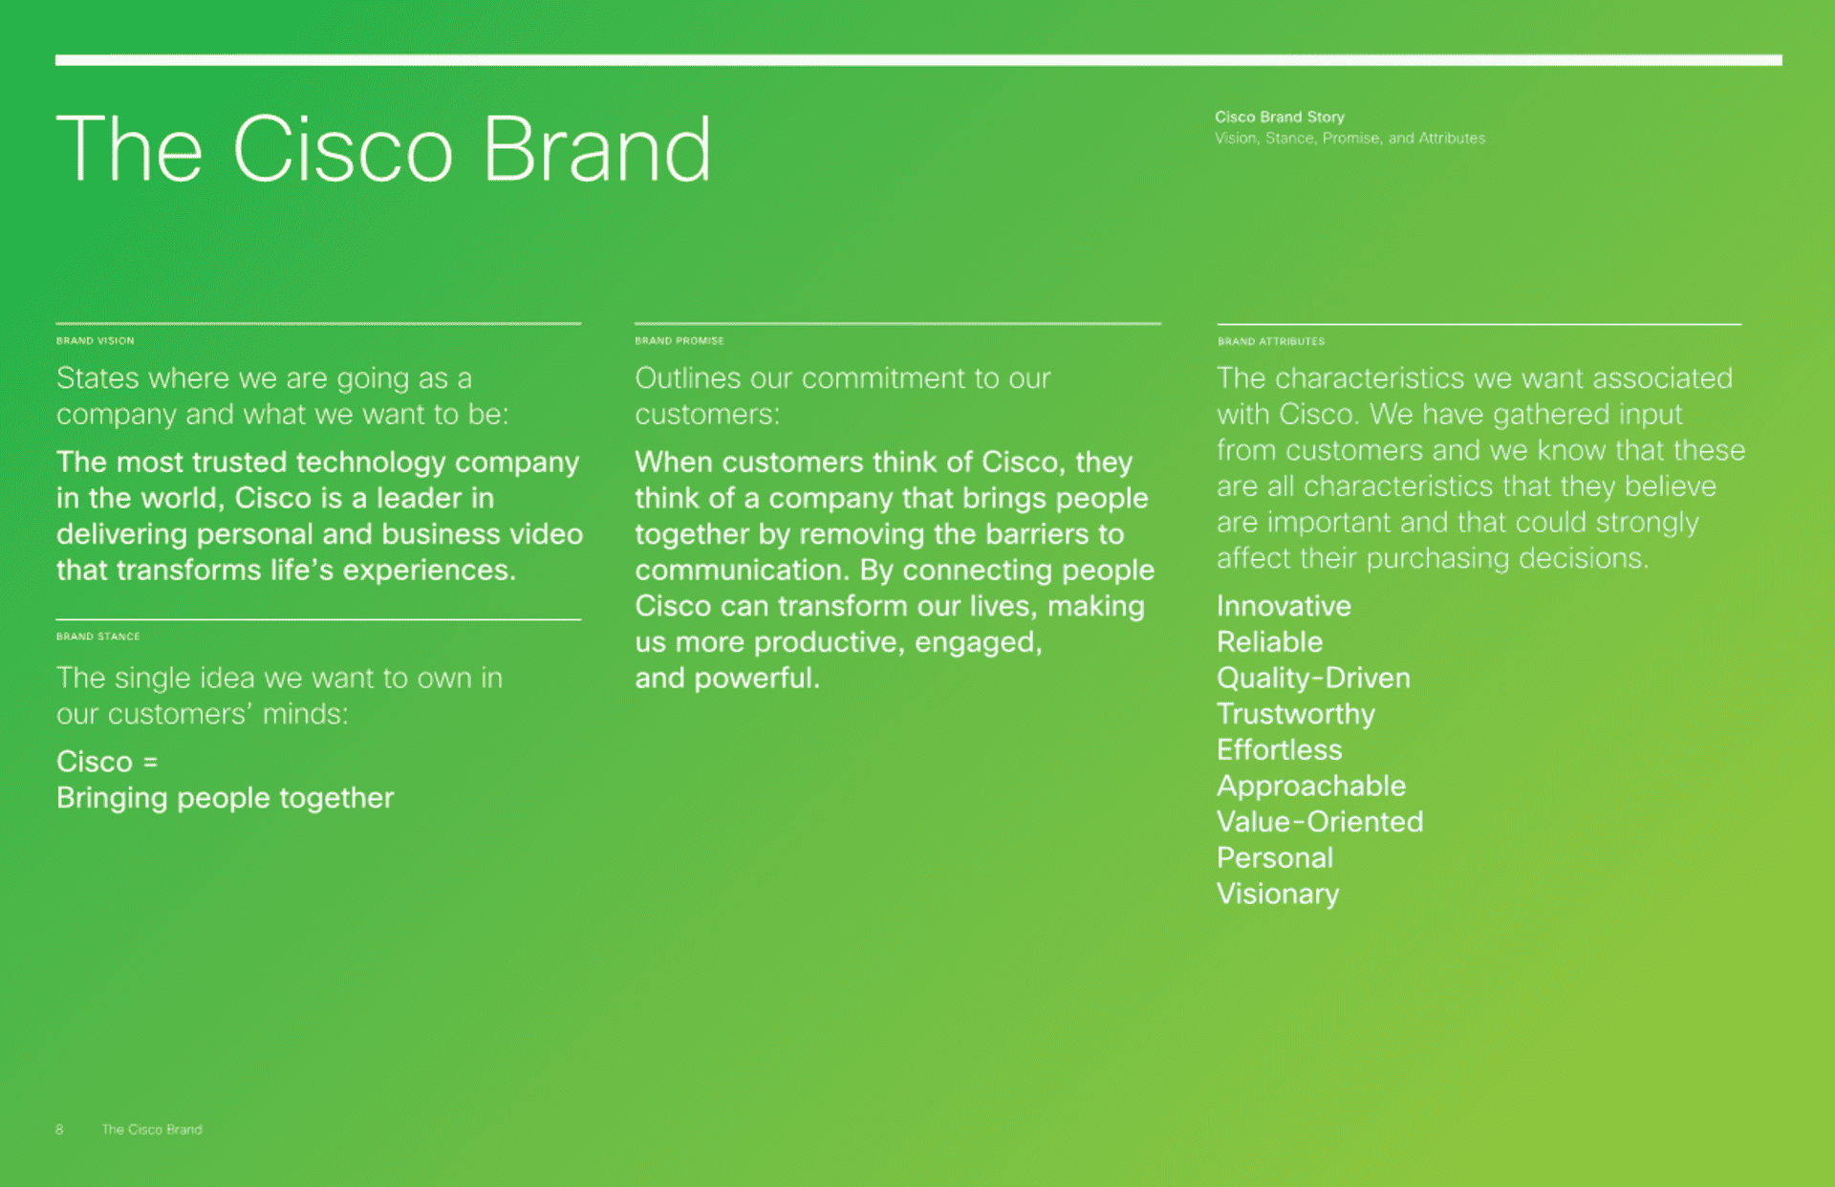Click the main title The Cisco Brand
pyautogui.click(x=384, y=149)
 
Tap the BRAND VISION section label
pyautogui.click(x=96, y=341)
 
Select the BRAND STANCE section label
pyautogui.click(x=98, y=637)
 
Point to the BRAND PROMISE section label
pyautogui.click(x=680, y=341)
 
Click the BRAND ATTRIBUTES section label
pyautogui.click(x=1271, y=341)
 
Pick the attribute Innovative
pyautogui.click(x=1284, y=606)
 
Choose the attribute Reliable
pyautogui.click(x=1269, y=642)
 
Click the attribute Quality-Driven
pyautogui.click(x=1313, y=679)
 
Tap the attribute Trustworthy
pyautogui.click(x=1296, y=715)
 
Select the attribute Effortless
pyautogui.click(x=1279, y=750)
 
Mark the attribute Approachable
pyautogui.click(x=1311, y=787)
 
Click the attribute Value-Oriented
pyautogui.click(x=1320, y=822)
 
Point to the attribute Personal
pyautogui.click(x=1275, y=858)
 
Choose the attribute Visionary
pyautogui.click(x=1278, y=895)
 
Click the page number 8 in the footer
pyautogui.click(x=59, y=1130)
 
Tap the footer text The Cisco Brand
pyautogui.click(x=152, y=1130)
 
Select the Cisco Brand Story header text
pyautogui.click(x=1280, y=117)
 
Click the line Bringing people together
pyautogui.click(x=225, y=798)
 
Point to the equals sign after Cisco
pyautogui.click(x=150, y=763)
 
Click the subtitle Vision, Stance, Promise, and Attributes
pyautogui.click(x=1349, y=139)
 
